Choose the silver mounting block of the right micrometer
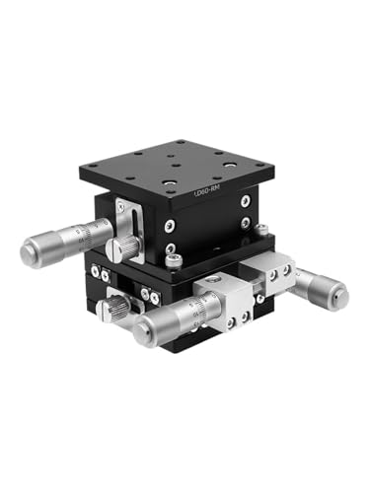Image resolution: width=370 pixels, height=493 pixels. click(277, 271)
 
